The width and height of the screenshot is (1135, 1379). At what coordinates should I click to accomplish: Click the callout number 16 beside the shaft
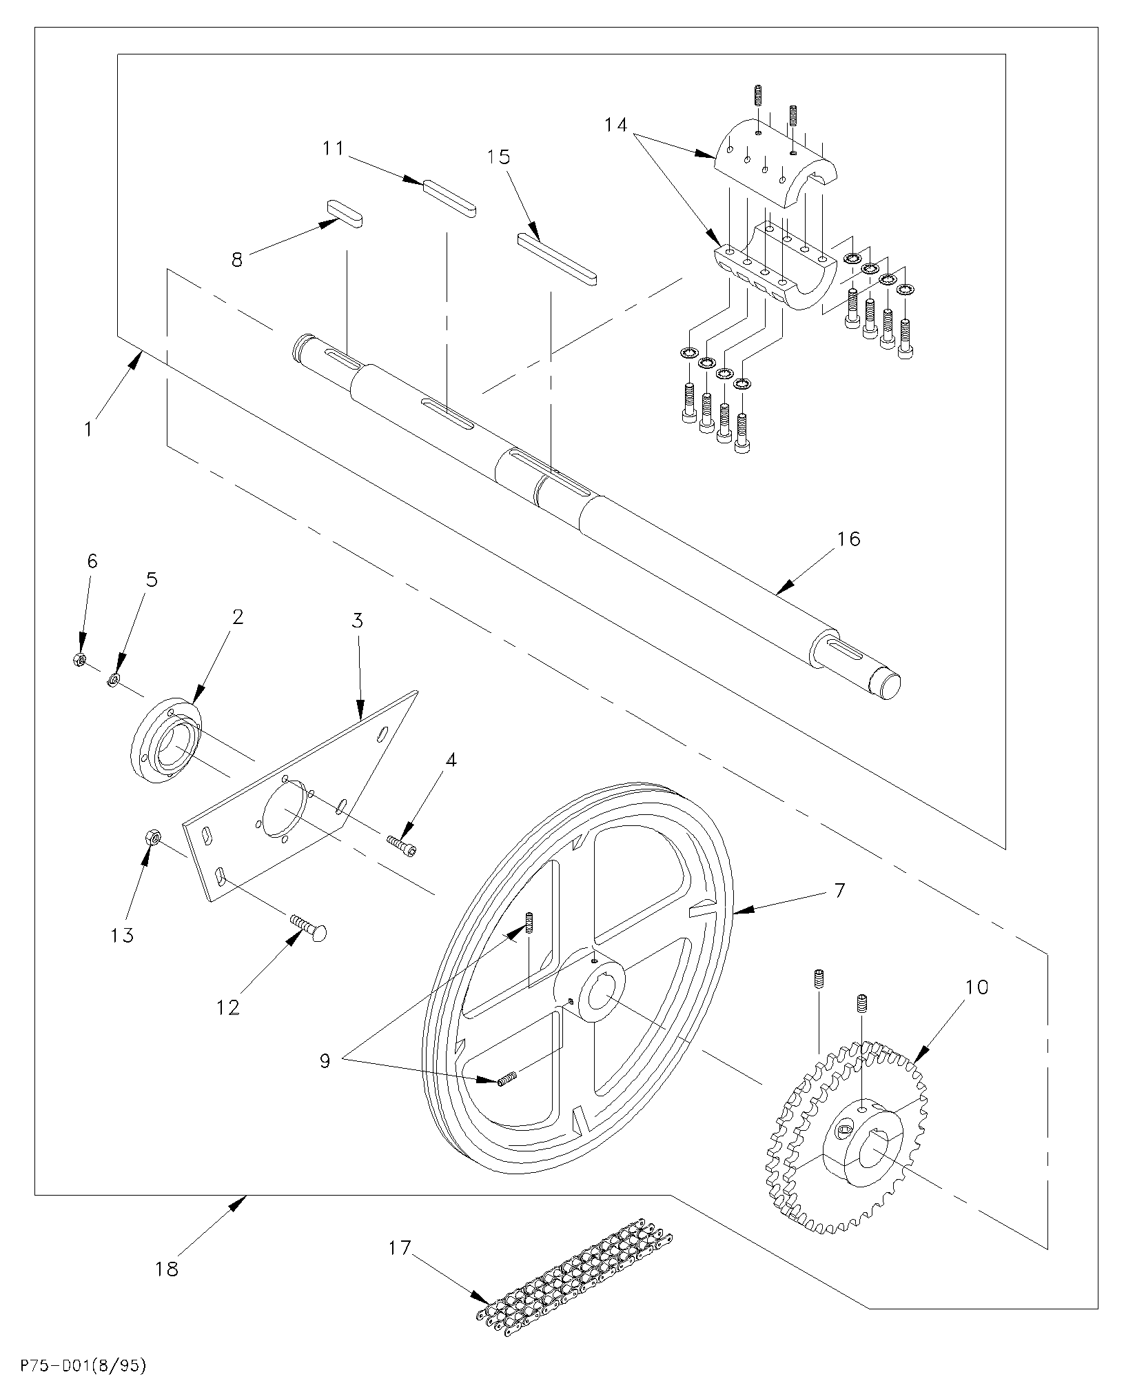(x=849, y=538)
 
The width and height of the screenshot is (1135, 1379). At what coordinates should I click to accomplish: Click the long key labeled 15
(x=557, y=259)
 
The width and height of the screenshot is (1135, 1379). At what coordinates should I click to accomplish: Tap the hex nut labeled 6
(x=78, y=660)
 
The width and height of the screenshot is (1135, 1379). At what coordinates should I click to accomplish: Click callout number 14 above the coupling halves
(x=616, y=125)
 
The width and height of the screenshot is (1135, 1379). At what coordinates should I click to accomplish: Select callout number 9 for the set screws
(x=325, y=1060)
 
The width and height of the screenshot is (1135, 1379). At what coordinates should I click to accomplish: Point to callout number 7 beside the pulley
(x=839, y=890)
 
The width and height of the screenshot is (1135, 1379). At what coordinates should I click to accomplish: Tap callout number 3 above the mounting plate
(x=357, y=621)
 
